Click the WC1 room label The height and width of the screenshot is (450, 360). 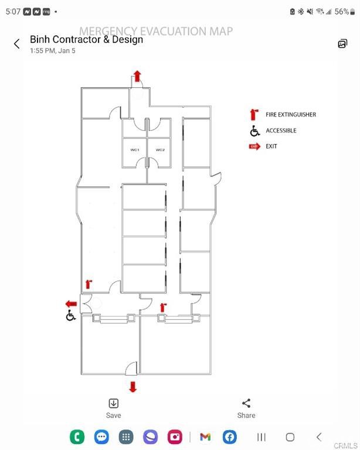[x=134, y=151]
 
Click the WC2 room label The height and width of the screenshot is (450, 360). [x=160, y=151]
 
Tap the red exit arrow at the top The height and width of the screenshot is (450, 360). [x=137, y=76]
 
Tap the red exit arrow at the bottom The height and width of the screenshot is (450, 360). [x=133, y=387]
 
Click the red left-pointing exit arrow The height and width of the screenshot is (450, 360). [x=71, y=304]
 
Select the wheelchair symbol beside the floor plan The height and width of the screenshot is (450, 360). [x=71, y=316]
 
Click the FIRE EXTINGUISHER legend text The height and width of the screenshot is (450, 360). [x=291, y=115]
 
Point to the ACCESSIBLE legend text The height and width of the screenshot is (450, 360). [x=281, y=131]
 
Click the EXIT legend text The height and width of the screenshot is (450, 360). [x=271, y=146]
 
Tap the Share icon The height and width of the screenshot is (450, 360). [x=246, y=403]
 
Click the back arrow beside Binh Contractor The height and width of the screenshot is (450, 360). [x=17, y=43]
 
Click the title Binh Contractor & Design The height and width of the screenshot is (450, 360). [x=86, y=40]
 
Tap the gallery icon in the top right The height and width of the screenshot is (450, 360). [x=342, y=43]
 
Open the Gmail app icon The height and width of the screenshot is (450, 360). [x=205, y=437]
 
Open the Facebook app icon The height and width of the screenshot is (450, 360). [x=230, y=437]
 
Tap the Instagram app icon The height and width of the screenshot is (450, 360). [x=175, y=437]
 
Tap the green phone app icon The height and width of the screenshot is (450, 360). [x=77, y=437]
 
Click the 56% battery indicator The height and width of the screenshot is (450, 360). [x=341, y=11]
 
